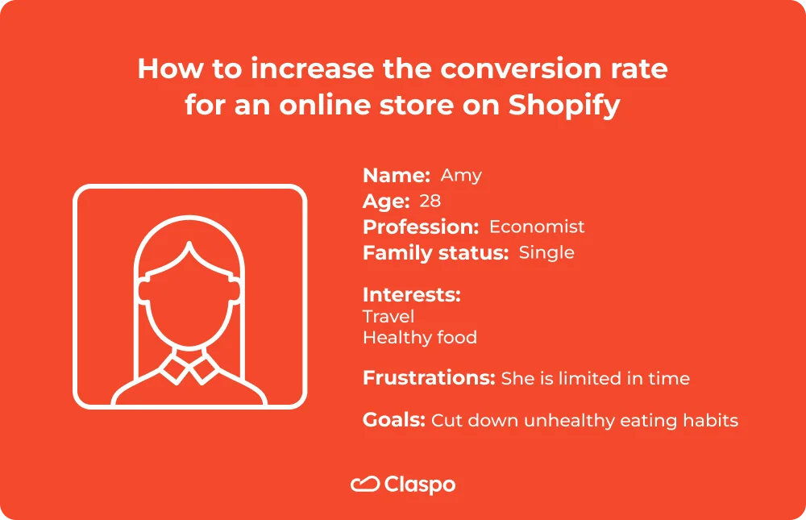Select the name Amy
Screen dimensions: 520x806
(461, 176)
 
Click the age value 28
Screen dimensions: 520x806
(430, 202)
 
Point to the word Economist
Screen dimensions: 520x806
(537, 227)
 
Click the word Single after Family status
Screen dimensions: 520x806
(546, 252)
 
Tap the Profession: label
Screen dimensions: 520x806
(421, 227)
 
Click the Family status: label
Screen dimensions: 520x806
(435, 252)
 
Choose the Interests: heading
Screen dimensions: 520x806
(411, 294)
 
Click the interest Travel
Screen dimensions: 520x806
(388, 316)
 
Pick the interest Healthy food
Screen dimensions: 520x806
(420, 337)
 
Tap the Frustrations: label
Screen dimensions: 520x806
(428, 378)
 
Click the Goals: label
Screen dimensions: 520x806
(393, 420)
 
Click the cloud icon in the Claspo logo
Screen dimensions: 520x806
(365, 485)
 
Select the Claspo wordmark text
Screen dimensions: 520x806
(419, 485)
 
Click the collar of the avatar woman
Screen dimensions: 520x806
(189, 369)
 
